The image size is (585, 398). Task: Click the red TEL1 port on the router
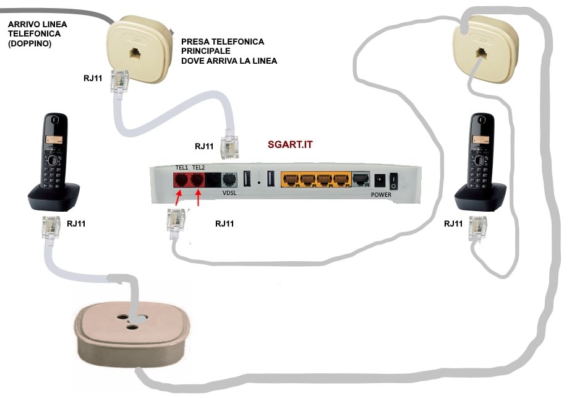click(181, 180)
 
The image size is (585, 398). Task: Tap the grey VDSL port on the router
click(229, 180)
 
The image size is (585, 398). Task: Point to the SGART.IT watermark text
click(290, 145)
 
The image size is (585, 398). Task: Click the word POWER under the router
click(381, 194)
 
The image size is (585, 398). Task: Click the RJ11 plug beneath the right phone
click(477, 229)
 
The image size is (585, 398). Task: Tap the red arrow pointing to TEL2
click(199, 200)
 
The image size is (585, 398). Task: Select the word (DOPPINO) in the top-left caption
click(29, 45)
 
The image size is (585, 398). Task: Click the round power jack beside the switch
click(379, 180)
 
